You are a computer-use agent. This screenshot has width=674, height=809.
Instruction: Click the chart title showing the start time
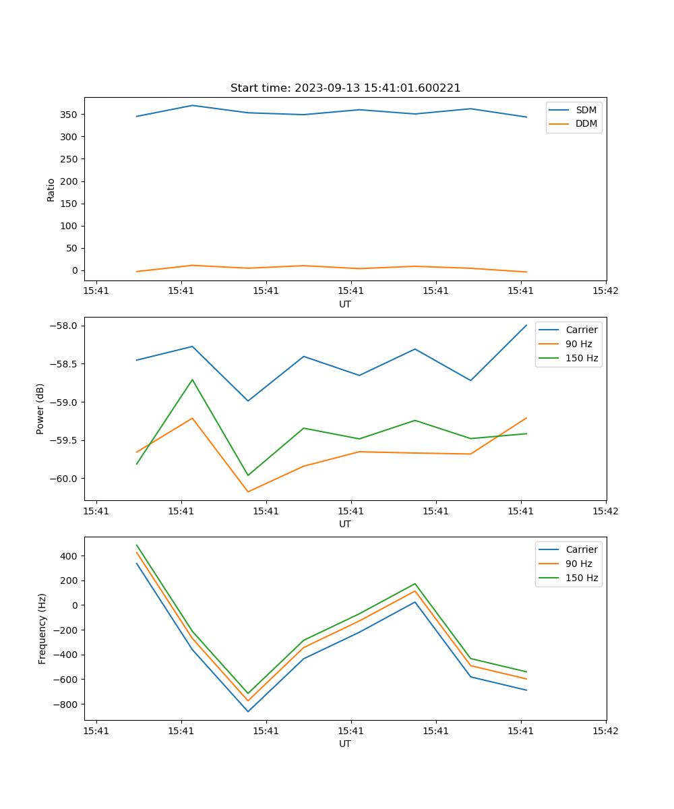[x=345, y=88]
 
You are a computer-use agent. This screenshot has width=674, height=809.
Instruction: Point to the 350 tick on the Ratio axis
[x=69, y=115]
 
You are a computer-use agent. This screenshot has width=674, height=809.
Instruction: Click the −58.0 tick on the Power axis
[x=65, y=326]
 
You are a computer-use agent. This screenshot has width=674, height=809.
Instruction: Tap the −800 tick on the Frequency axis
[x=65, y=705]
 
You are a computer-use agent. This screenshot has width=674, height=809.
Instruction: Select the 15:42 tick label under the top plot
[x=605, y=291]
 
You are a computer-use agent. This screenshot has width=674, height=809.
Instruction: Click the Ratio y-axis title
[x=51, y=189]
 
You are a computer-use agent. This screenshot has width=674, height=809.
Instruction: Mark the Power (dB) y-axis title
[x=40, y=409]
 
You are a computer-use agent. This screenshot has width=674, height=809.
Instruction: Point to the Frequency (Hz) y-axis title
[x=42, y=628]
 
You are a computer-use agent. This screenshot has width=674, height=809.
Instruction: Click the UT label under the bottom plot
[x=345, y=744]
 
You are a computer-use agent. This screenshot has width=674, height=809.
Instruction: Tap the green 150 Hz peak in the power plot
[x=192, y=380]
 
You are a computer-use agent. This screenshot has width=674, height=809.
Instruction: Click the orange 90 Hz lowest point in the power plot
[x=248, y=491]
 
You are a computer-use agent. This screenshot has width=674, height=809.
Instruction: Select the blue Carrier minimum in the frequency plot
[x=248, y=711]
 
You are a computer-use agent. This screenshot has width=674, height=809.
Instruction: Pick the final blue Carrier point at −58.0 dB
[x=526, y=325]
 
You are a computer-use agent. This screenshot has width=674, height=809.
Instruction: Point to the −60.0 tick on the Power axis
[x=65, y=479]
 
